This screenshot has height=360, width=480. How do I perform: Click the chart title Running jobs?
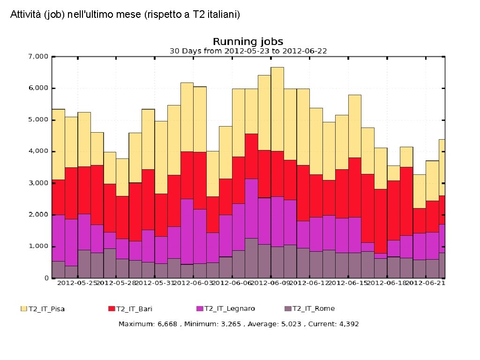point(248,42)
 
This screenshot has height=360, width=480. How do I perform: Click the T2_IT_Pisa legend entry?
point(46,308)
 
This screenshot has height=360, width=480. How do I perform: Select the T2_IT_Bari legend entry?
point(134,308)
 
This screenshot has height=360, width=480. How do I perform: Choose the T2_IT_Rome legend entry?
point(313,308)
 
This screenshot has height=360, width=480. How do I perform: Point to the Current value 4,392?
point(346,324)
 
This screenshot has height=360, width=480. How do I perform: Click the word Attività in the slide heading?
point(23,15)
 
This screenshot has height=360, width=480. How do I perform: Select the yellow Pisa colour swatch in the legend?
point(23,308)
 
